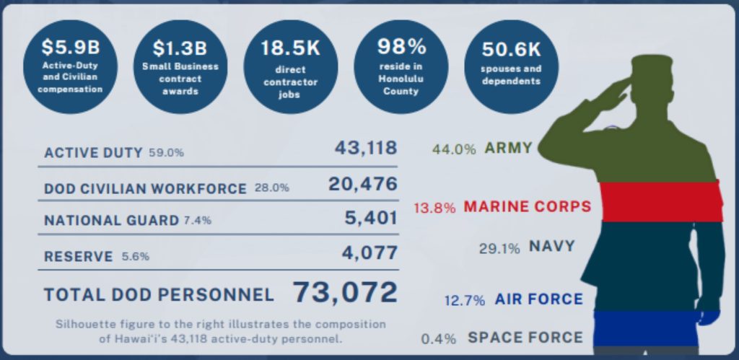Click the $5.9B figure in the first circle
tap(70, 48)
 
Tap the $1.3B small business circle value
tap(180, 48)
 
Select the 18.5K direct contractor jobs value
tap(291, 49)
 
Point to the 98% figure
tap(402, 46)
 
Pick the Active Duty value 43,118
tap(365, 148)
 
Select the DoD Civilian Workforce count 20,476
tap(362, 185)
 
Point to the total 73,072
tap(345, 293)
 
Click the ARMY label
tap(508, 149)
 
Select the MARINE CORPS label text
tap(527, 207)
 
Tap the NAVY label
tap(552, 246)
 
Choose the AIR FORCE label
tap(538, 299)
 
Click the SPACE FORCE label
tap(525, 337)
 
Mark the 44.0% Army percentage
tap(454, 150)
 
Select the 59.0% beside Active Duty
tap(166, 153)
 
